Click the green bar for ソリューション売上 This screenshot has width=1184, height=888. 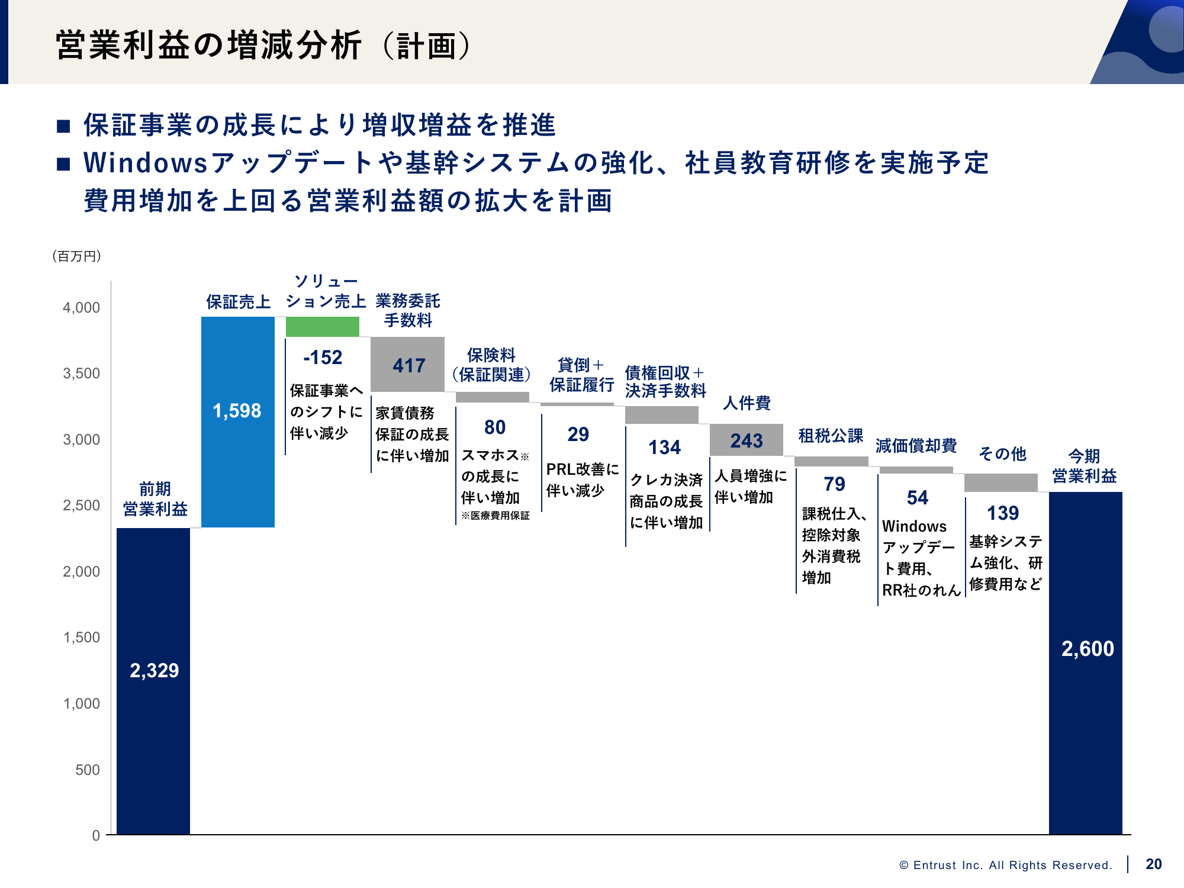(x=322, y=327)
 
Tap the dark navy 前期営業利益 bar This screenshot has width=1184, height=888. (x=153, y=681)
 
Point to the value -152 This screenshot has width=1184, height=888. (x=323, y=358)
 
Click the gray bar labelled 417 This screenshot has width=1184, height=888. (x=407, y=365)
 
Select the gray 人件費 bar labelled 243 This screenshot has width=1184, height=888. (x=746, y=440)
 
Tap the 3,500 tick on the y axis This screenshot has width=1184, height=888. (x=82, y=374)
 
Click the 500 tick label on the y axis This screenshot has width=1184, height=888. (x=87, y=770)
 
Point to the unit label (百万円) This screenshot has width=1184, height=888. (x=77, y=256)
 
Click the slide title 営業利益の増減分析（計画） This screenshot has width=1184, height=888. (x=263, y=46)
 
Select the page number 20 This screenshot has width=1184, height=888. (x=1153, y=864)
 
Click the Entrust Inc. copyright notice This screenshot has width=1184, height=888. (x=1005, y=866)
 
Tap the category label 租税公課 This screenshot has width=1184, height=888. (x=831, y=436)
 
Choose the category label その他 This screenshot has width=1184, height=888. (x=1002, y=454)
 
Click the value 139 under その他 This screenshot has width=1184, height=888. (x=1002, y=513)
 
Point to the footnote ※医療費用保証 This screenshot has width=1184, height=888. (x=495, y=516)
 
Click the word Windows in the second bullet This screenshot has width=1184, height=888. (x=146, y=163)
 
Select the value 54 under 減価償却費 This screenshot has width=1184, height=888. (x=917, y=498)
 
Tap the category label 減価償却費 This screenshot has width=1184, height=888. (x=916, y=446)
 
